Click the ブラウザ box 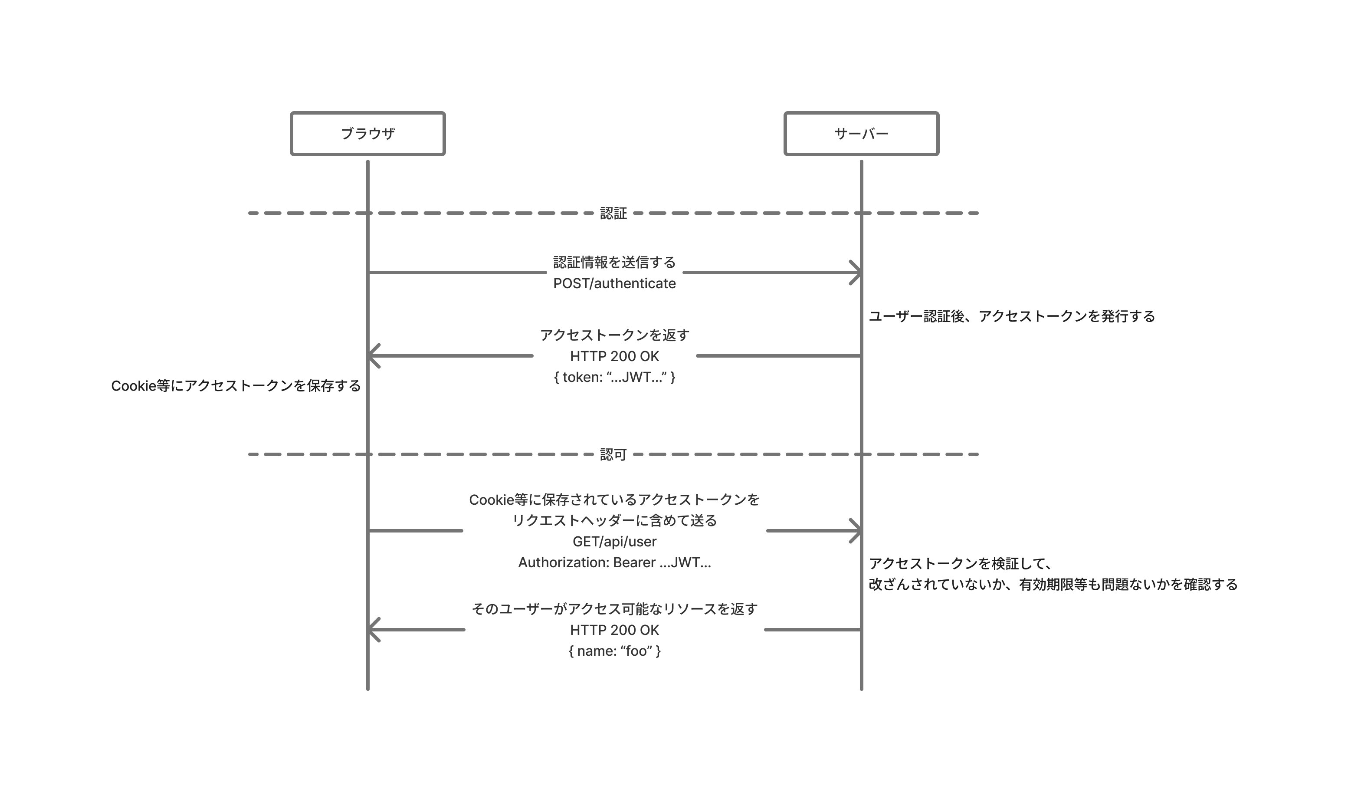coord(367,134)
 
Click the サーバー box coord(861,134)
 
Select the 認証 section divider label coord(613,214)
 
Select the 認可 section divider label coord(613,454)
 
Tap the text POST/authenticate coord(614,283)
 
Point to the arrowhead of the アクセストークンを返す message coord(373,355)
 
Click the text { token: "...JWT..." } coord(614,377)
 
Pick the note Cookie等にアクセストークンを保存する coord(236,386)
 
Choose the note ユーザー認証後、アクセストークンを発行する coord(1011,316)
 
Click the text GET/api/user coord(614,542)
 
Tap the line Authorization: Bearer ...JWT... coord(614,562)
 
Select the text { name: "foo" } coord(614,651)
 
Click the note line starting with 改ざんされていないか coord(1053,585)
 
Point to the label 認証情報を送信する coord(614,262)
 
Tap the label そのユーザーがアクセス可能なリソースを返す coord(614,609)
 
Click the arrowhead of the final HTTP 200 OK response coord(373,630)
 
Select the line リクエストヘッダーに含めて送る coord(614,520)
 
